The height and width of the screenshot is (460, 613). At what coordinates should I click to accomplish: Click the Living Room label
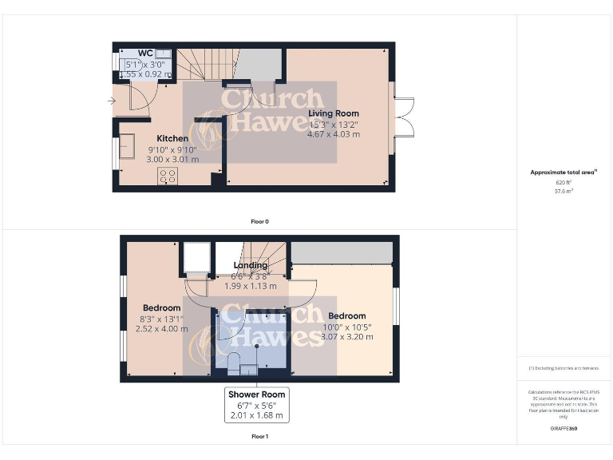334,113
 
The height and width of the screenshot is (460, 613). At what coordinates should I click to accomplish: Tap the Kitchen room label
172,138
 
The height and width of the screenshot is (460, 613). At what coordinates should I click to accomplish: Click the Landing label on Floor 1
250,265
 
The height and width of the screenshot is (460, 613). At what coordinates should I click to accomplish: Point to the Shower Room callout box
256,405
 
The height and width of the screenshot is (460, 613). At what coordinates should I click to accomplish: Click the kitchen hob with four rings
168,176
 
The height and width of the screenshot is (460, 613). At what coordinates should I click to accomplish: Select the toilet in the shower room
235,363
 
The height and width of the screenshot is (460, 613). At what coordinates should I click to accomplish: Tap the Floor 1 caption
259,437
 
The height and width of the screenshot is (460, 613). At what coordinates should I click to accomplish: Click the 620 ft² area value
564,183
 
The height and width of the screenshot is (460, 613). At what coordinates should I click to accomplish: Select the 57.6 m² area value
564,191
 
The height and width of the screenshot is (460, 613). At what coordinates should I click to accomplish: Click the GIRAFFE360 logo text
564,429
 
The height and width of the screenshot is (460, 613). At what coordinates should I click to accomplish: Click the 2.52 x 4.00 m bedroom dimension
161,328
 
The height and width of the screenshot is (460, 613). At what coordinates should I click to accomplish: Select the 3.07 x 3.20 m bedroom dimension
346,336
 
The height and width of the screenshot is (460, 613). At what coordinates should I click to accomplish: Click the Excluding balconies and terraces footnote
564,368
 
